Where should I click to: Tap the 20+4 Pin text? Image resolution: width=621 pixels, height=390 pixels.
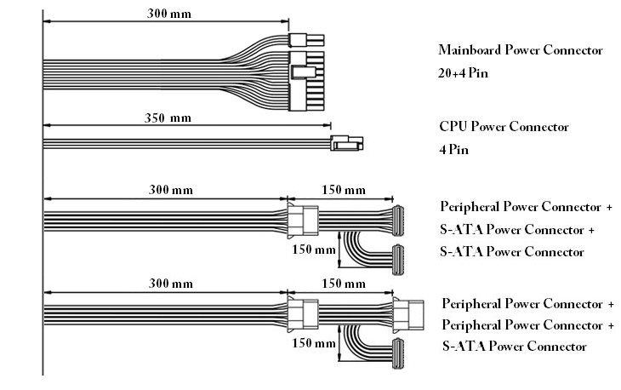pyautogui.click(x=464, y=73)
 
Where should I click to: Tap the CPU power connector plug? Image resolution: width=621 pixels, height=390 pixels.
pyautogui.click(x=345, y=144)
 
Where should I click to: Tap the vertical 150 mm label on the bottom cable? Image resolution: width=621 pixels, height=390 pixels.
pyautogui.click(x=313, y=344)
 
